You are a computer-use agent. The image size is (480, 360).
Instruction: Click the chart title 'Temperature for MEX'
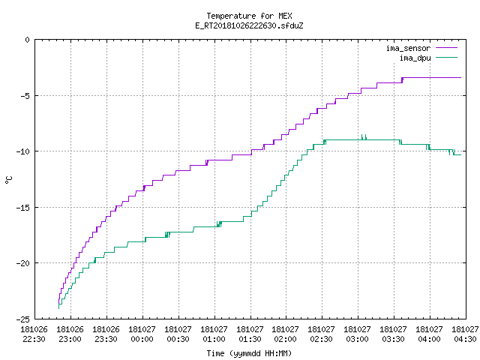249,16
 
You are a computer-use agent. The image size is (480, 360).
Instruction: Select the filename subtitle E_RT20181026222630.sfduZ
249,25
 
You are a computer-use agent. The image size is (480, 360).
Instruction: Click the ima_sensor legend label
408,48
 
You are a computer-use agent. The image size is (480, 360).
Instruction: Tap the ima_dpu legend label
415,58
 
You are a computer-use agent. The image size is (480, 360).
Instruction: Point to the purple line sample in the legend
447,48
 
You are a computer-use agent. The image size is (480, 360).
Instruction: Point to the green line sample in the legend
447,58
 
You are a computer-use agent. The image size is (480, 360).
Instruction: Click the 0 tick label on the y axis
28,40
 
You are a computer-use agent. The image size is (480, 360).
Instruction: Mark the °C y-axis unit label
8,180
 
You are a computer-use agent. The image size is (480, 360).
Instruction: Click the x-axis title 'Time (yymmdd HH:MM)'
249,353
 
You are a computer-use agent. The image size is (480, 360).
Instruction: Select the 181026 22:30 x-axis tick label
34,334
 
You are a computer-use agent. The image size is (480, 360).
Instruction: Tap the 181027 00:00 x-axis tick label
142,334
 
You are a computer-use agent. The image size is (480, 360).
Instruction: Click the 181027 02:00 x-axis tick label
285,334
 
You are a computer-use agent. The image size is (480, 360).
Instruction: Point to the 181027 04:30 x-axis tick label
465,334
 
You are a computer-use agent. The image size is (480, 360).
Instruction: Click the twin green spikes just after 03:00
364,137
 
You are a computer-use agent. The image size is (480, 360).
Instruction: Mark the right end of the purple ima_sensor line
460,78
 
